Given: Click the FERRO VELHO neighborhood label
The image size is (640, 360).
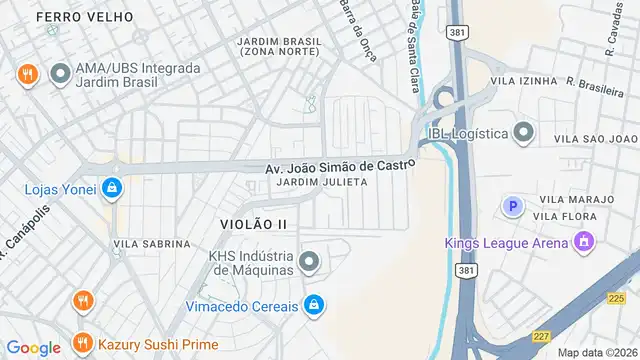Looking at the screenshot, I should coord(71,17).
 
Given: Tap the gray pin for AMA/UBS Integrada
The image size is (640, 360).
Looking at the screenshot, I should coord(61,73).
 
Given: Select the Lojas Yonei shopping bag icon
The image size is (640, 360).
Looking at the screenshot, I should coord(112,188).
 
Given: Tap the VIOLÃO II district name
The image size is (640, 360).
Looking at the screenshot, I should coord(253,224).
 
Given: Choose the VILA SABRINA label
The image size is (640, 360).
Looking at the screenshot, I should coord(151,243).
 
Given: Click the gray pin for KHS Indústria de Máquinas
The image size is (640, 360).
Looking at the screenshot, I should coord(309,262).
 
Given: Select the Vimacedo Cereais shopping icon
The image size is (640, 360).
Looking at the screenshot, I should coord(314,303).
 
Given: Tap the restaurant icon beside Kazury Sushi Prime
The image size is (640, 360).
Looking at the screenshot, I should coord(83,344).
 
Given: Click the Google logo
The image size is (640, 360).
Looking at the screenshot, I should coord(33,348).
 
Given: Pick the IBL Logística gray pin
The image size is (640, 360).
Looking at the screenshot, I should coord(523,133).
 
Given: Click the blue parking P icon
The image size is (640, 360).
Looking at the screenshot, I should coord(512,207).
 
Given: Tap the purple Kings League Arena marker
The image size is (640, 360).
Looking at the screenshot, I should coord(584,241).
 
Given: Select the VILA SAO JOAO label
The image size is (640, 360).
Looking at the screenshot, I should coord(595,138).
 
